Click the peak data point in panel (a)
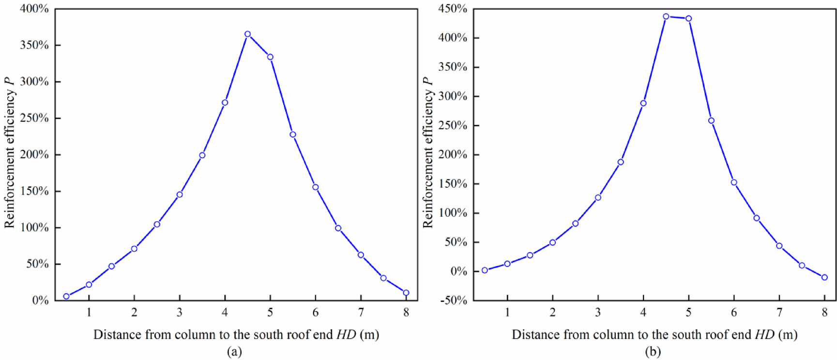247,34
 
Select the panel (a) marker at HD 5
270,57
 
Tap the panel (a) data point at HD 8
406,293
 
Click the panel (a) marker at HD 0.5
66,296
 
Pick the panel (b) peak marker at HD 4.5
666,16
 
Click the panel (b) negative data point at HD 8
824,277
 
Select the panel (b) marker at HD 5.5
711,120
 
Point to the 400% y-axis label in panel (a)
34,9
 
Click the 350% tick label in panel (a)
34,45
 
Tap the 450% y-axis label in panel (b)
453,9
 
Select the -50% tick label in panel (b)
453,300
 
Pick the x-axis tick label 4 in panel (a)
225,313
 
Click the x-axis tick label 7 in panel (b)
779,313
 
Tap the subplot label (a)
234,352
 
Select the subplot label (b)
653,352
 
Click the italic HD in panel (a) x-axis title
347,334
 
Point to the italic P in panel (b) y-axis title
427,81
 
